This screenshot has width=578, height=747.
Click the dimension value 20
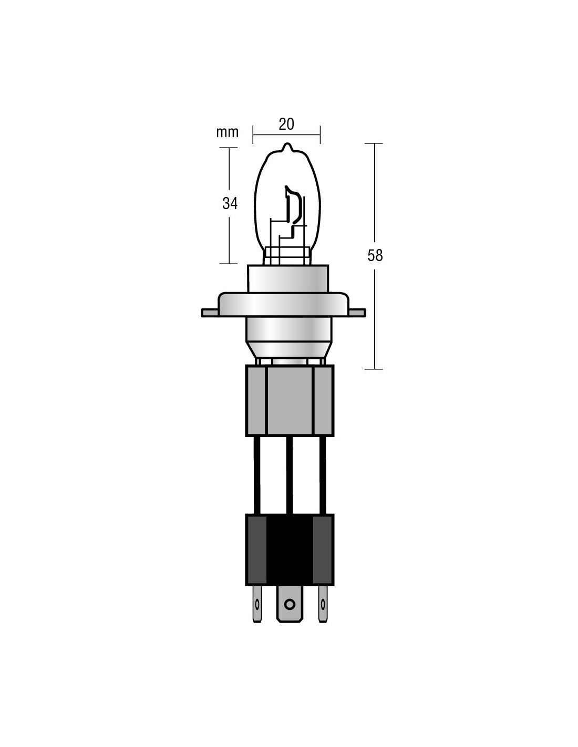[x=286, y=124]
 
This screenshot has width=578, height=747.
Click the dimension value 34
[x=230, y=203]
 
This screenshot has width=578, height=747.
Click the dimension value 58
[x=375, y=255]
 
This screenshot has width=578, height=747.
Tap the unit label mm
[x=228, y=132]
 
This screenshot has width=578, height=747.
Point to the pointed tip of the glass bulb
[x=287, y=144]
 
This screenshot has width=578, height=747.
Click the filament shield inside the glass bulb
[x=294, y=205]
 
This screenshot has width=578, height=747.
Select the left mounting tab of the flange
[x=210, y=313]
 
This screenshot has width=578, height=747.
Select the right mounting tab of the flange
[x=357, y=313]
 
